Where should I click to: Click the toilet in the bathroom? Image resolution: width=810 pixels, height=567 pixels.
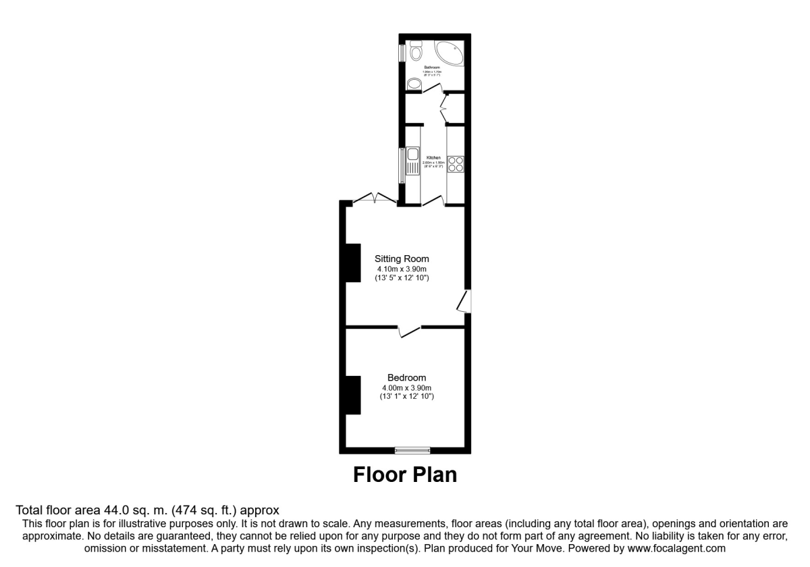pyautogui.click(x=415, y=51)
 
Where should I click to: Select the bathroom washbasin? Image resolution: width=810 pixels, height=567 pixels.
pyautogui.click(x=414, y=84)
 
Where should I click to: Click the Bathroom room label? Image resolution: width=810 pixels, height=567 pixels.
pyautogui.click(x=432, y=67)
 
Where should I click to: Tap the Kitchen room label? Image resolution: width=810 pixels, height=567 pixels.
pyautogui.click(x=433, y=158)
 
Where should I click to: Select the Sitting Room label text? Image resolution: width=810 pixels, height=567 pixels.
pyautogui.click(x=402, y=259)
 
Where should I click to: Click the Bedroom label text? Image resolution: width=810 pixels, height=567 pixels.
pyautogui.click(x=406, y=377)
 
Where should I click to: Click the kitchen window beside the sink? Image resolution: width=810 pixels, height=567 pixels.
pyautogui.click(x=402, y=165)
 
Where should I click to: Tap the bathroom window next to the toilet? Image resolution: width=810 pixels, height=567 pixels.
pyautogui.click(x=402, y=52)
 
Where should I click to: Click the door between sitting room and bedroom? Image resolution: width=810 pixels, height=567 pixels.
pyautogui.click(x=409, y=330)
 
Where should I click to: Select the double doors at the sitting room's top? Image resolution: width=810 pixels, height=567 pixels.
pyautogui.click(x=374, y=198)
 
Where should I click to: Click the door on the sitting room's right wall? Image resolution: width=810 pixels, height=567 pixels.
pyautogui.click(x=464, y=301)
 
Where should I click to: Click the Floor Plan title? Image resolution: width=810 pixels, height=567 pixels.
pyautogui.click(x=405, y=475)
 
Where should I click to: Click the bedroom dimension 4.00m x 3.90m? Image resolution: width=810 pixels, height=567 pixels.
pyautogui.click(x=406, y=387)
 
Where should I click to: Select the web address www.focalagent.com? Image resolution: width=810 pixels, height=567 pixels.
pyautogui.click(x=668, y=549)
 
